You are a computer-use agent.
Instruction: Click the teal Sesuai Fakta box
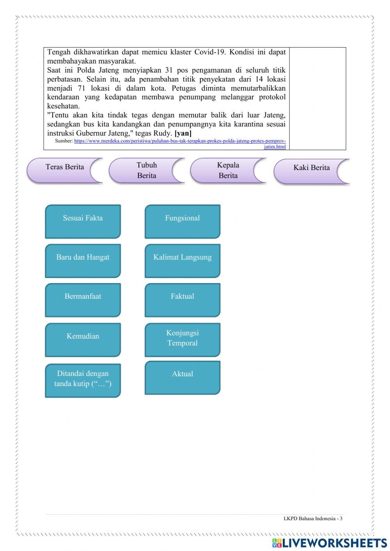point(83,221)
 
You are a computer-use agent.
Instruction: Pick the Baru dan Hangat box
point(83,260)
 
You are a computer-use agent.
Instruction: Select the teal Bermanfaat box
point(83,299)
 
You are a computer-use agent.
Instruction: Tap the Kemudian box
point(83,339)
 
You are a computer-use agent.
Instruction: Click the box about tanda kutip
point(83,380)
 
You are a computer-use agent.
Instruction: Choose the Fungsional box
point(183,221)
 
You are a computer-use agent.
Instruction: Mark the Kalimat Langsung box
point(183,260)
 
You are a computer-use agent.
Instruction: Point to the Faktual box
point(183,299)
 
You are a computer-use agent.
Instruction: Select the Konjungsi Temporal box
point(183,339)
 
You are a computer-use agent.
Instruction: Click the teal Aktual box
point(183,377)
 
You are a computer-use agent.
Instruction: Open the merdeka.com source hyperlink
point(180,141)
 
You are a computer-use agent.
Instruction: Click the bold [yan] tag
point(183,133)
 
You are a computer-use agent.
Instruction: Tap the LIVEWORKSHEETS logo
point(330,543)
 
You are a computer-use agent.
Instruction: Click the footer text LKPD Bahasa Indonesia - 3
point(313,519)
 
